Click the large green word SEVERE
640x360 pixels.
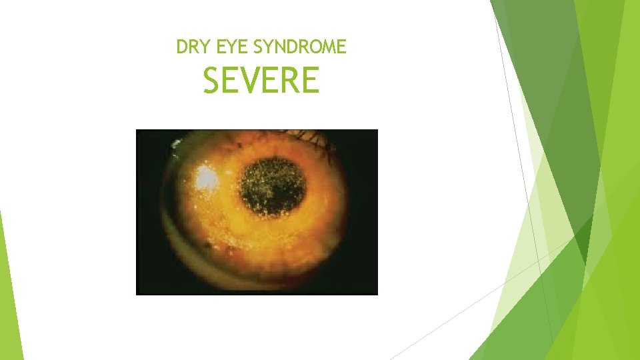[261, 81]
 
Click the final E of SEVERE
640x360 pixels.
[311, 81]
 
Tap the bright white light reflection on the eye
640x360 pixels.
[206, 177]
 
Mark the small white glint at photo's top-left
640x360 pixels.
[176, 142]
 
